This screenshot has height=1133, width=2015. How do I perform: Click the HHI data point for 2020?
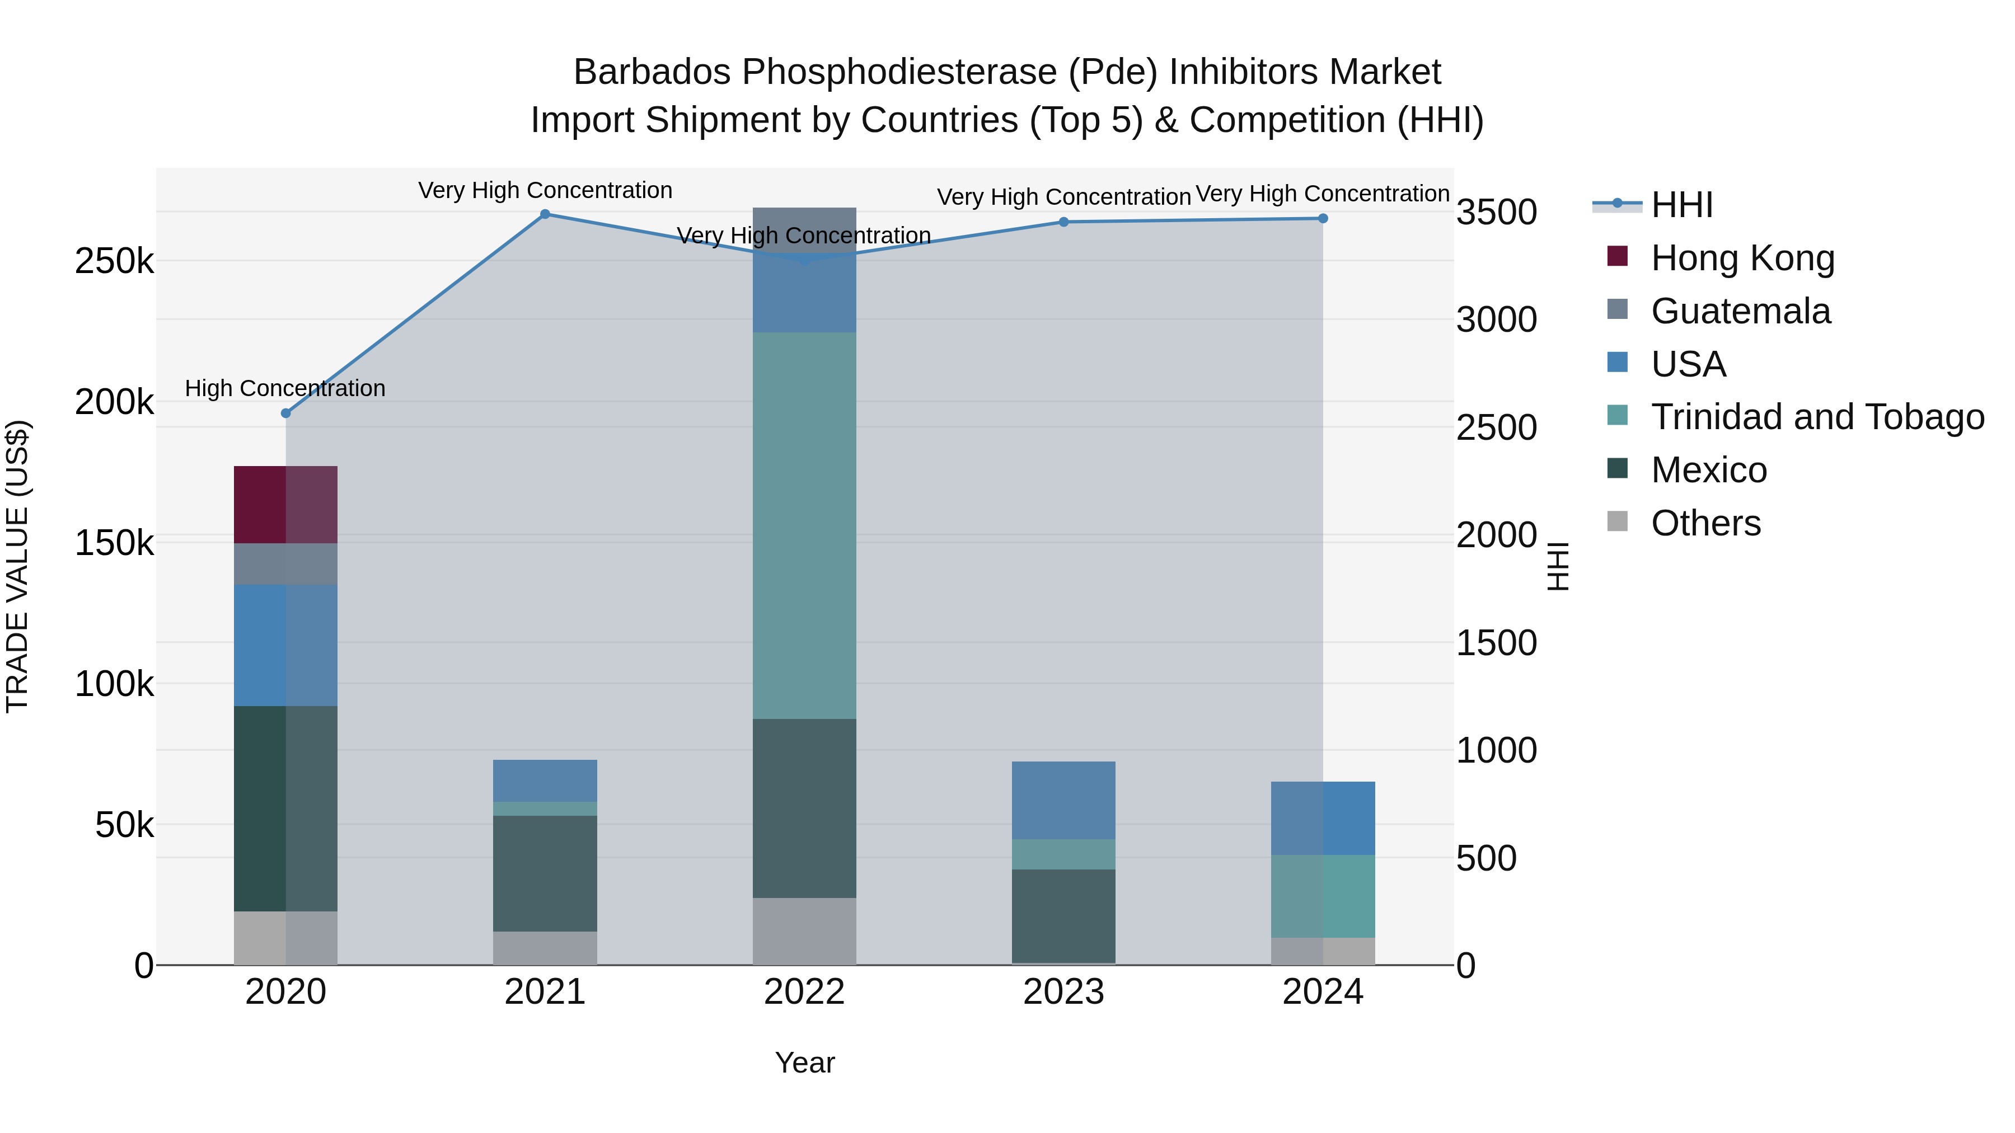pyautogui.click(x=285, y=413)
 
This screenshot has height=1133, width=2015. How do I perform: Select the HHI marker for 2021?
pyautogui.click(x=545, y=214)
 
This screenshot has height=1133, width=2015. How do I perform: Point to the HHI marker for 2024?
pyautogui.click(x=1323, y=219)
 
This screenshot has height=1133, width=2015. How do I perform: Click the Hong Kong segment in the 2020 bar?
pyautogui.click(x=285, y=504)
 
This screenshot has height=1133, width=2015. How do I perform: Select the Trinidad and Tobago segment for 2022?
pyautogui.click(x=804, y=525)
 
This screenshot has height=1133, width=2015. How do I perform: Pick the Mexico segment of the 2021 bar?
pyautogui.click(x=545, y=873)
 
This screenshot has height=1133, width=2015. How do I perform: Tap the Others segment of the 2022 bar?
pyautogui.click(x=804, y=931)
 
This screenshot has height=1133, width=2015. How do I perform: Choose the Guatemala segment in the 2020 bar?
pyautogui.click(x=285, y=564)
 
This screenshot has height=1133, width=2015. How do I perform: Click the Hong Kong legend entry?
pyautogui.click(x=1742, y=258)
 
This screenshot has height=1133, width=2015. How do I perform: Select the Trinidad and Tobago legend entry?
pyautogui.click(x=1817, y=417)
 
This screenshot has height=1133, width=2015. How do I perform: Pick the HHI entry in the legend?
pyautogui.click(x=1682, y=205)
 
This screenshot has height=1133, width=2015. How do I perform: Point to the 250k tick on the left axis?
pyautogui.click(x=114, y=261)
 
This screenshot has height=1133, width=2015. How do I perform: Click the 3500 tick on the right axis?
pyautogui.click(x=1496, y=213)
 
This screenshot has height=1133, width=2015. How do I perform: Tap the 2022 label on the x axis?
pyautogui.click(x=804, y=992)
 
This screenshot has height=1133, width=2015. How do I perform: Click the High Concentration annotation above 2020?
pyautogui.click(x=285, y=389)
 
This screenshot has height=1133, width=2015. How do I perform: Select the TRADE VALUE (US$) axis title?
pyautogui.click(x=17, y=566)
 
